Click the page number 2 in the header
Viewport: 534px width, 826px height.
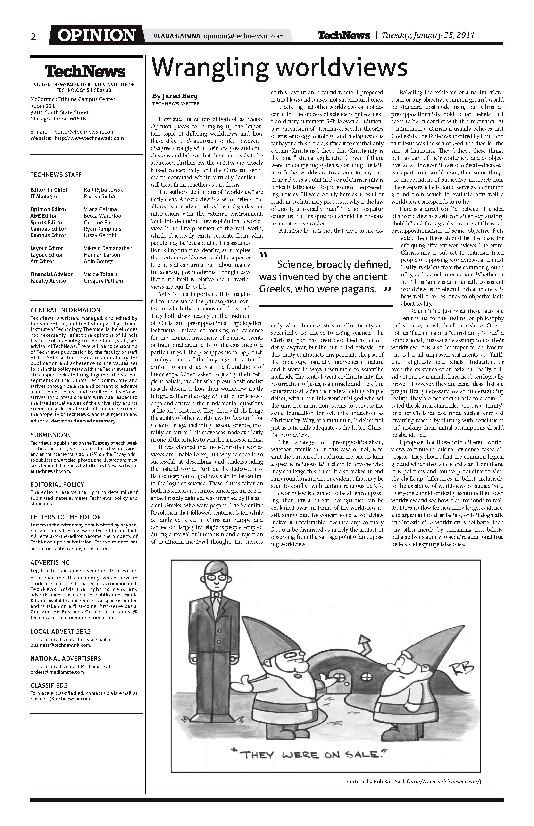(x=33, y=36)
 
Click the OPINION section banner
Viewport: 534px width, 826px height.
(x=96, y=35)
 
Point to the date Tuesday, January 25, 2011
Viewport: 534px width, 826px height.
(x=428, y=35)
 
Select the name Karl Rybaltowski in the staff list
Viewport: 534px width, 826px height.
(x=104, y=190)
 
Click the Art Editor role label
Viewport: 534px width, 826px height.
(x=42, y=261)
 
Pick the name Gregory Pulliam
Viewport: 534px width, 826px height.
(x=103, y=281)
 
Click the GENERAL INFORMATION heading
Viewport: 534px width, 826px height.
(x=65, y=310)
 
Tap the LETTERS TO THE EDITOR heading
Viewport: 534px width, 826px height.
(x=66, y=517)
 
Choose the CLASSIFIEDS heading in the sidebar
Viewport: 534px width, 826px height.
(x=49, y=685)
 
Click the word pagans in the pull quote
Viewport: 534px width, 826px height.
(x=359, y=289)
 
